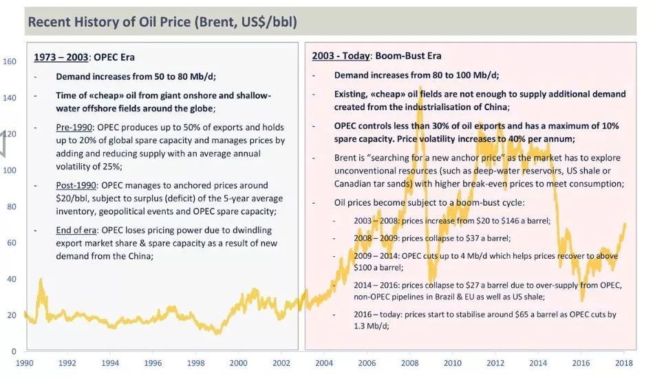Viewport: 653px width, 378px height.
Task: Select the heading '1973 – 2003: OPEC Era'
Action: (x=78, y=56)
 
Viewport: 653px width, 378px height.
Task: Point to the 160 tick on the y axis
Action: (x=10, y=61)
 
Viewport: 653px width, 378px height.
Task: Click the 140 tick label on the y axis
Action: (x=10, y=98)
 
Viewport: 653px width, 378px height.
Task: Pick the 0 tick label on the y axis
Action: (x=13, y=350)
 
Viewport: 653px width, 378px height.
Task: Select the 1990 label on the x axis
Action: (x=25, y=363)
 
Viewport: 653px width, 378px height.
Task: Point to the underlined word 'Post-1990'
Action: (x=76, y=186)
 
